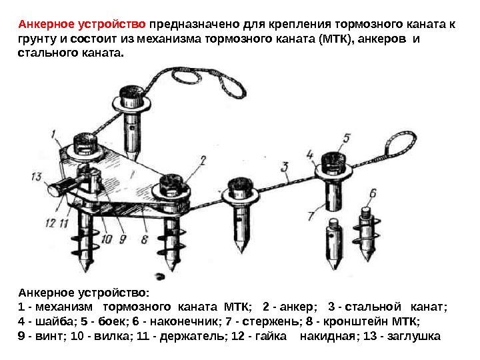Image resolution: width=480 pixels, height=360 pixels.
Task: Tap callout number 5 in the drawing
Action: [346, 139]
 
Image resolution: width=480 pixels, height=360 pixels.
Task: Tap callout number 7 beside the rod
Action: [311, 215]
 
